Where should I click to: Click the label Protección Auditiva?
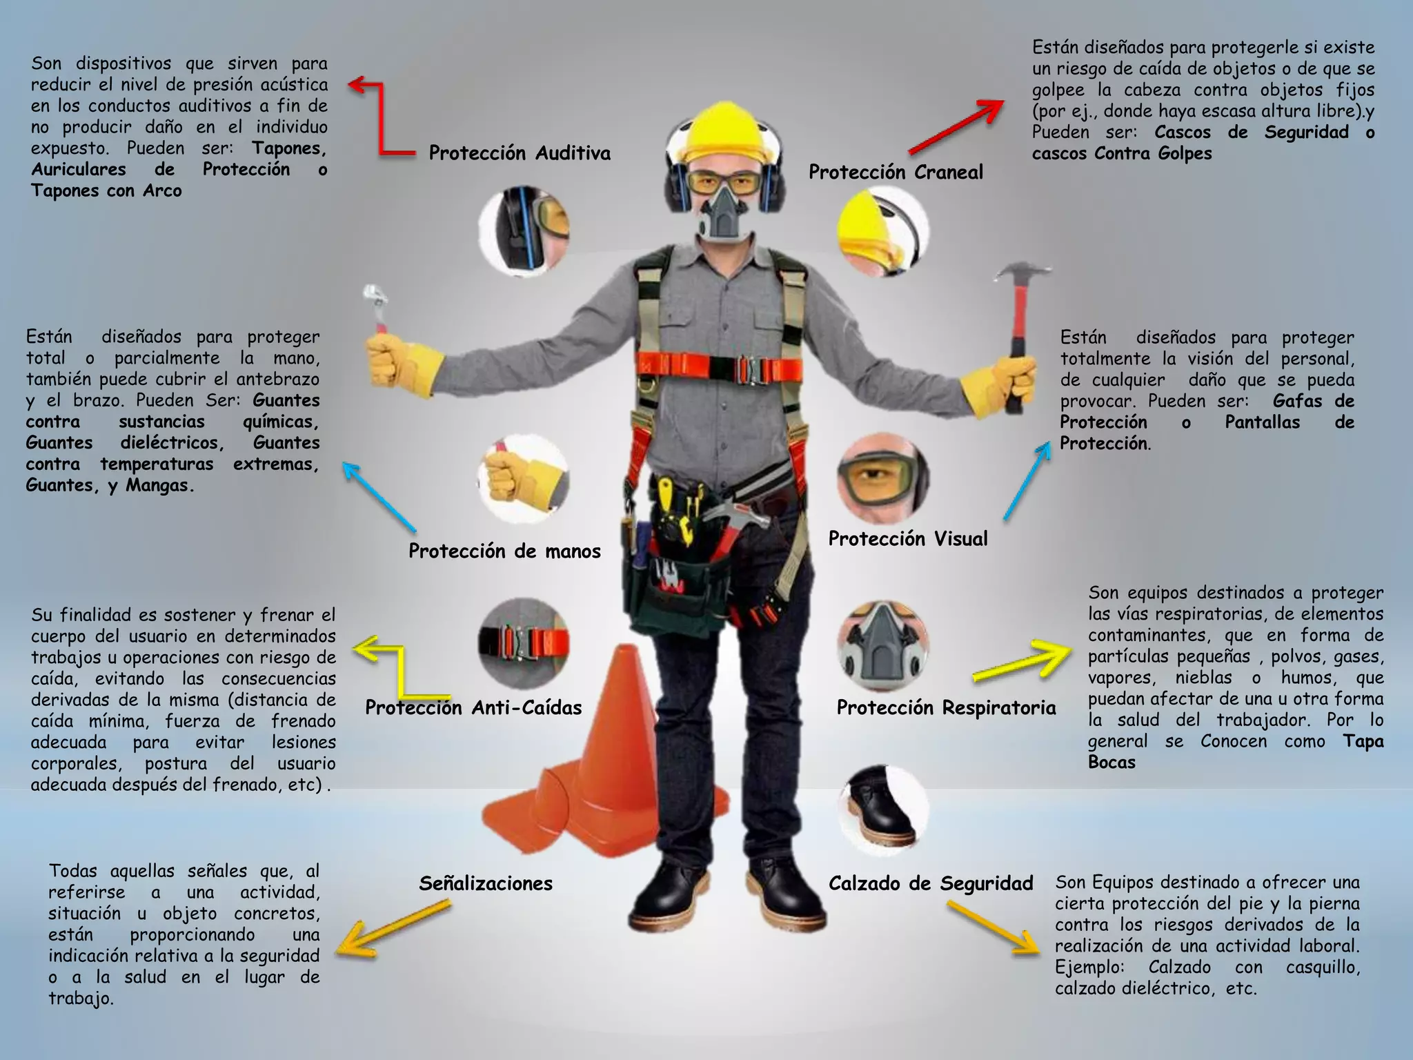520,153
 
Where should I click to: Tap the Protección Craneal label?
896,173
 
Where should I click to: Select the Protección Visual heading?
908,539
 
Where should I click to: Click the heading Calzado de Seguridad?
931,884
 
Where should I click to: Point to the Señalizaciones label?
486,884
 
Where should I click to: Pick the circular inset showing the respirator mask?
883,646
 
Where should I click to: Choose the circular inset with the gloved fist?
523,479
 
